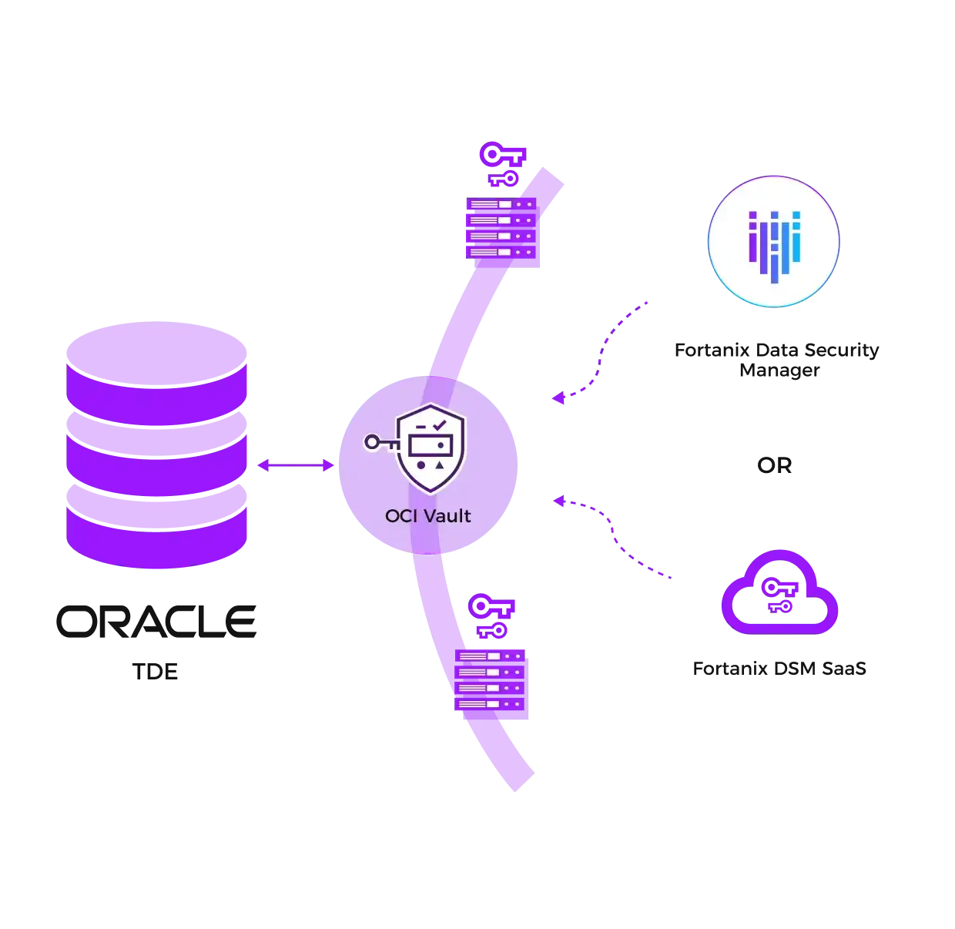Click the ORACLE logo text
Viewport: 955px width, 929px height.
[156, 621]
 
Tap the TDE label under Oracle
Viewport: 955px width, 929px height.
[155, 671]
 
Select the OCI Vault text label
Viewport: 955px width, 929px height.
[427, 516]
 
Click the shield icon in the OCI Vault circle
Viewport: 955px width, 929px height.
[431, 448]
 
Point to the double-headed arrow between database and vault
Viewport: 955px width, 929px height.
[296, 464]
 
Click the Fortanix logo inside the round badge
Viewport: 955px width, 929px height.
[774, 247]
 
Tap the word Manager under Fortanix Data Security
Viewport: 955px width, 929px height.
[779, 370]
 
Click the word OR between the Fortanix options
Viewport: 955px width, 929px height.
[774, 465]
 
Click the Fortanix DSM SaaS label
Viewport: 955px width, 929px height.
[779, 668]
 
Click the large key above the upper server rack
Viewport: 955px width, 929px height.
[501, 155]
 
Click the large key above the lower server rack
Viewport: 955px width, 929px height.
[491, 606]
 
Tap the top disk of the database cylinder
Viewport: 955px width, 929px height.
[156, 354]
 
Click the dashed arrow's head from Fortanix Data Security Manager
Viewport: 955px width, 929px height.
[558, 397]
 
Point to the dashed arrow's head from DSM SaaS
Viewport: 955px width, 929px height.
[559, 501]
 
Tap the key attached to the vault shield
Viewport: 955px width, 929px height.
[381, 443]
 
